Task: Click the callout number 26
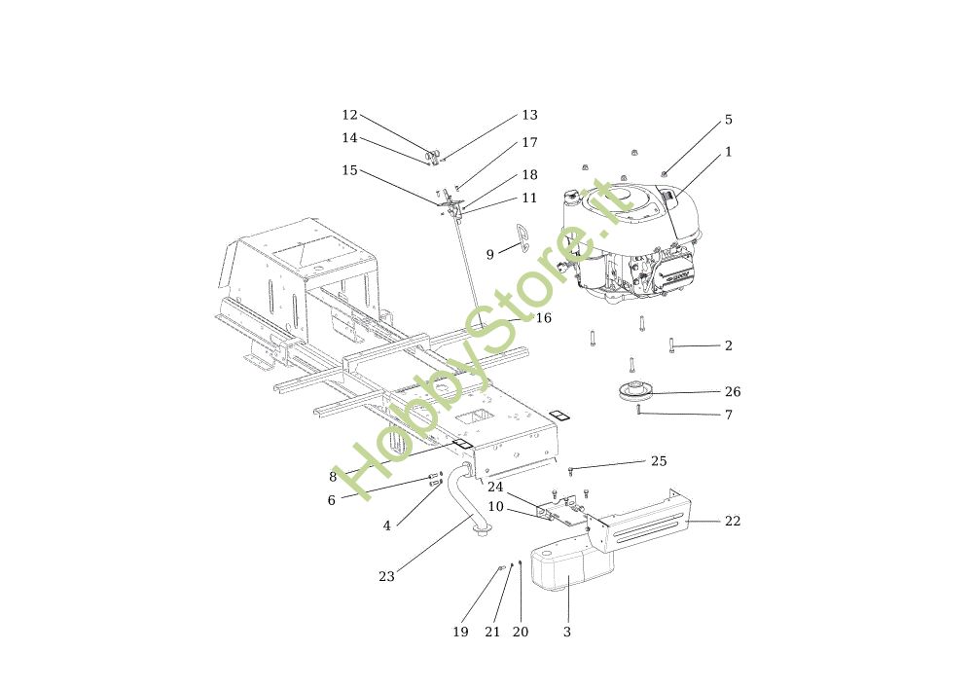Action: tap(733, 392)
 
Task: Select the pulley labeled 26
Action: tap(634, 394)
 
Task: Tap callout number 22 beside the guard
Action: tap(733, 522)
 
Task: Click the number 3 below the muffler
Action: tap(567, 633)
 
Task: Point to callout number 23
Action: tap(387, 577)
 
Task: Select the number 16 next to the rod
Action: tap(544, 318)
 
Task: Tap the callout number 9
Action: tap(490, 255)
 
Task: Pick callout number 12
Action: tap(350, 115)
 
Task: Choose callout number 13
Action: tap(529, 115)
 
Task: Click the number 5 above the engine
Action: tap(729, 121)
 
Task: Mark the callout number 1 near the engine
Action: tap(729, 153)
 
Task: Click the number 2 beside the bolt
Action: tap(729, 346)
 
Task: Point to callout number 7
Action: tap(729, 416)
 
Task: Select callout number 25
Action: tap(659, 460)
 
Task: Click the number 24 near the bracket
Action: tap(496, 487)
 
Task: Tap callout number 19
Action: tap(460, 633)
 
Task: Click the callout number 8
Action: tap(333, 478)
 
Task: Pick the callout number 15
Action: tap(350, 171)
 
